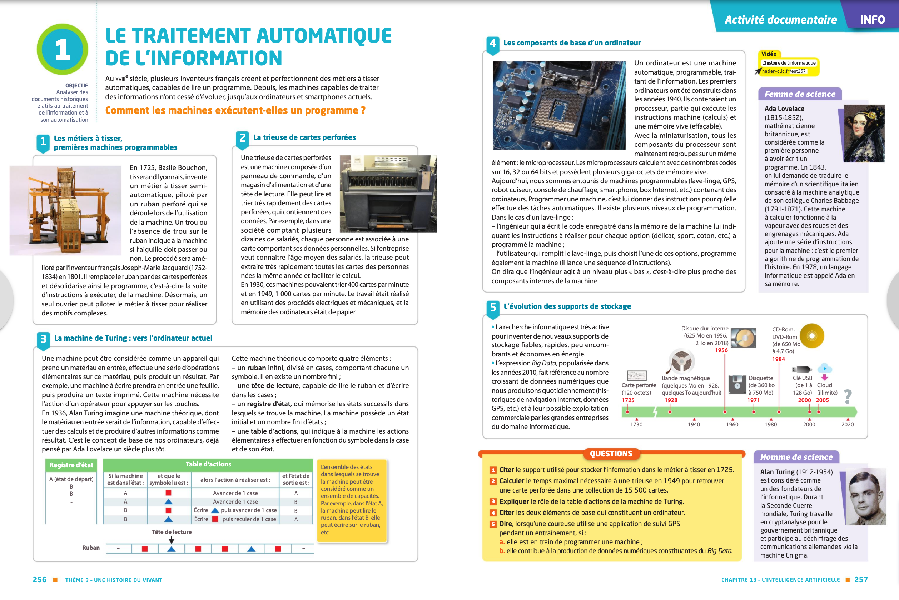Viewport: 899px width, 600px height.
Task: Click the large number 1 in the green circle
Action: [x=63, y=50]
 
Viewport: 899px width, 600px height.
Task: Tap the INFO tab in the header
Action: [x=872, y=20]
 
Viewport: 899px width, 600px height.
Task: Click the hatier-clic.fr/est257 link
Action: [x=784, y=71]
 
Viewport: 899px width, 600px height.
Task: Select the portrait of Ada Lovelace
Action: [x=864, y=134]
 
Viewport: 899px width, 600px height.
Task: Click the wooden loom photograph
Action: [x=65, y=210]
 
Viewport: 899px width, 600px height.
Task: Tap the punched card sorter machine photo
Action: [x=388, y=194]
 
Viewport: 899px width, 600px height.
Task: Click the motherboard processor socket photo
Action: [x=559, y=105]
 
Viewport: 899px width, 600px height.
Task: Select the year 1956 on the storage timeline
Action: [x=721, y=350]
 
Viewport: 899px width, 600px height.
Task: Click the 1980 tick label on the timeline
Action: [x=770, y=424]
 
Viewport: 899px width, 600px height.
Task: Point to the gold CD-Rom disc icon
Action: [x=811, y=336]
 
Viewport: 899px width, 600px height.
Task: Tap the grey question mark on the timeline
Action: [x=848, y=396]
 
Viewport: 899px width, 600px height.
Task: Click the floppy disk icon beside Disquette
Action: [x=737, y=385]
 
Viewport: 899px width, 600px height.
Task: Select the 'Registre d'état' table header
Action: [x=71, y=465]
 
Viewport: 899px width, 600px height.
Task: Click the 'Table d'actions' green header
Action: [x=208, y=464]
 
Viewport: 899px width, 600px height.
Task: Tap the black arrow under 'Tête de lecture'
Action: [x=172, y=540]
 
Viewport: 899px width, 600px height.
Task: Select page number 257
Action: [x=861, y=580]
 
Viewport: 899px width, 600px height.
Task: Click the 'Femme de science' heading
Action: [x=800, y=94]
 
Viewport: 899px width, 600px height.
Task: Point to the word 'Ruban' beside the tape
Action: [x=91, y=547]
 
